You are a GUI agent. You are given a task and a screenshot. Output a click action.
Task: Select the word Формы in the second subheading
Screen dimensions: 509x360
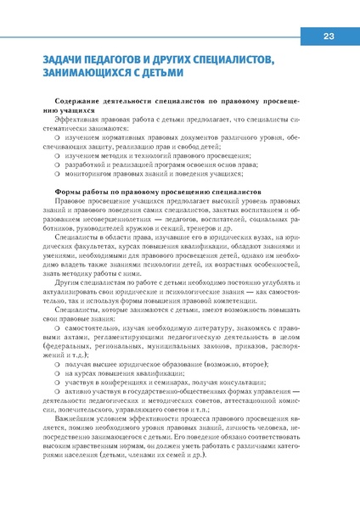pos(67,193)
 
